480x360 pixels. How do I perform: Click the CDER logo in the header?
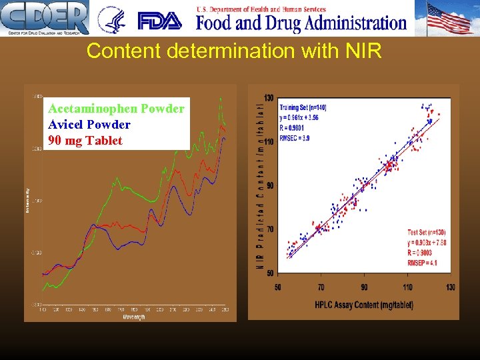(44, 18)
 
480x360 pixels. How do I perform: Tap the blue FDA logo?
(159, 21)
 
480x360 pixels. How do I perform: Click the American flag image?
(449, 18)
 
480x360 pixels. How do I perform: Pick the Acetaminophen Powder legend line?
(116, 109)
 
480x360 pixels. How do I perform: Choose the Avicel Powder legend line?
(89, 125)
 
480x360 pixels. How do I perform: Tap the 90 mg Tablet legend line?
(85, 141)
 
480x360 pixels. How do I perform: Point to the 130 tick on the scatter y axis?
(268, 98)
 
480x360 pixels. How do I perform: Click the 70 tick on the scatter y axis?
(269, 229)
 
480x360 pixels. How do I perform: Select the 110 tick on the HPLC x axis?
(407, 287)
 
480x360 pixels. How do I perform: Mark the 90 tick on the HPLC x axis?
(364, 287)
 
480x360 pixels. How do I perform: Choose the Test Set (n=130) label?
(427, 232)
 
